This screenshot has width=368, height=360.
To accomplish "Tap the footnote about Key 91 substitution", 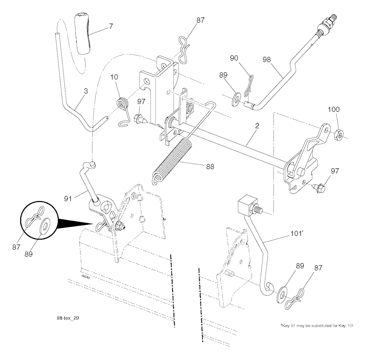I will click(317, 325).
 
